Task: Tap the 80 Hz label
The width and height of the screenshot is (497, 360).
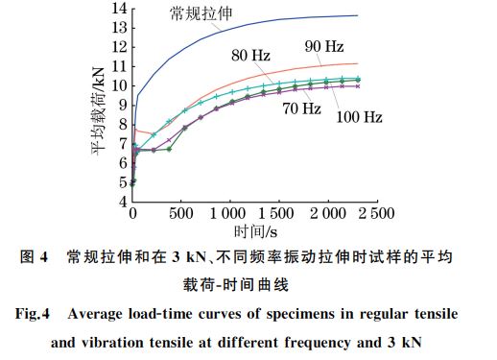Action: [x=250, y=56]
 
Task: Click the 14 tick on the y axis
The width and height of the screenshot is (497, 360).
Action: [x=119, y=9]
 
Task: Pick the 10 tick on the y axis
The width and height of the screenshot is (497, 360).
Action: [x=119, y=85]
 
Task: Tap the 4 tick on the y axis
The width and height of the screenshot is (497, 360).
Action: [x=122, y=202]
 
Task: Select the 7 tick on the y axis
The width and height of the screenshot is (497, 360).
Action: [x=122, y=143]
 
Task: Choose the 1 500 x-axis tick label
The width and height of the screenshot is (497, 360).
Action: [x=277, y=212]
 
